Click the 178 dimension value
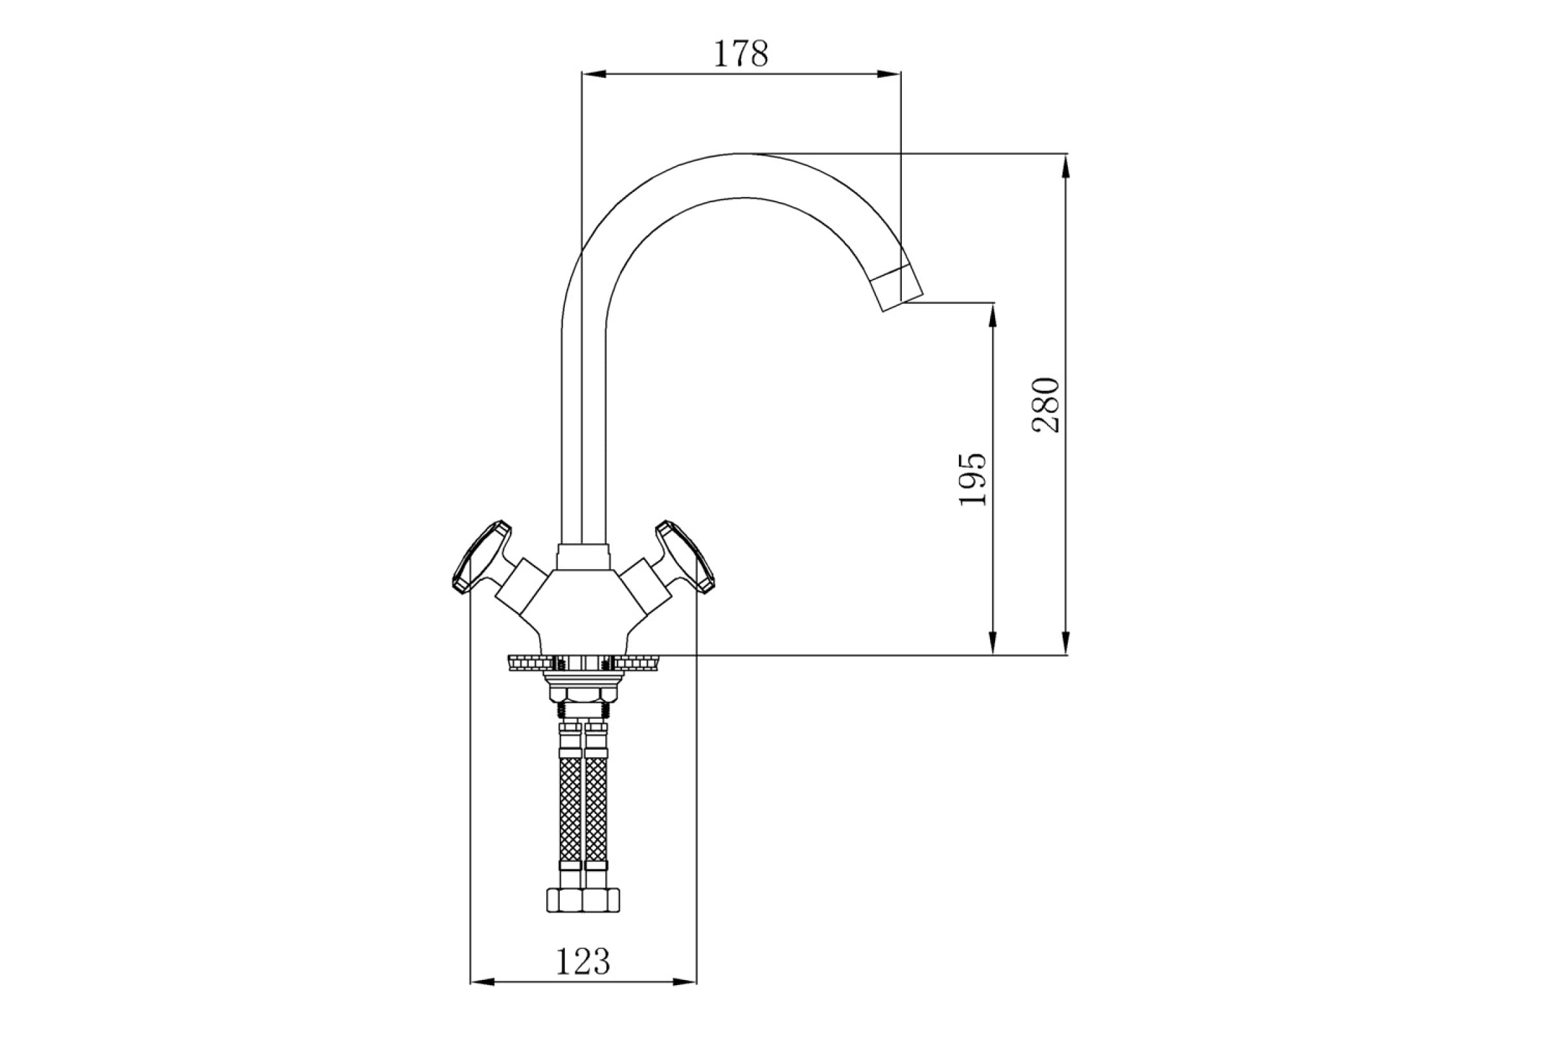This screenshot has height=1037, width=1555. (741, 54)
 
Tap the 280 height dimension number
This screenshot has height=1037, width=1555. (1046, 404)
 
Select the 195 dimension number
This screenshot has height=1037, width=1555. (973, 480)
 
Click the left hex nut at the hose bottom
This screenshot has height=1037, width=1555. (564, 900)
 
